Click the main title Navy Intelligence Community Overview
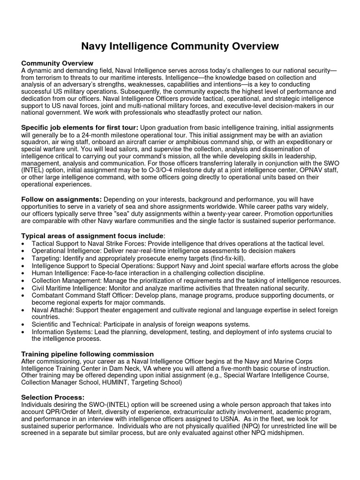[180, 46]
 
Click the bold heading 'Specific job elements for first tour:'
[80, 128]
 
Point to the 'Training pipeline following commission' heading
[88, 354]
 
